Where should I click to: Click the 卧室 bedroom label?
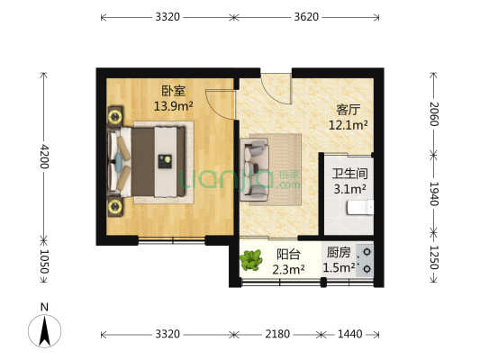pyautogui.click(x=173, y=91)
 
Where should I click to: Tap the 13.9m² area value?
pyautogui.click(x=173, y=105)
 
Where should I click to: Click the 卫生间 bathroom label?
pyautogui.click(x=349, y=173)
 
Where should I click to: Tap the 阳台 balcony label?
pyautogui.click(x=289, y=253)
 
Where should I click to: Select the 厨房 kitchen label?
pyautogui.click(x=338, y=253)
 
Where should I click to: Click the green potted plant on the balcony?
pyautogui.click(x=251, y=262)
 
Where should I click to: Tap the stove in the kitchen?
pyautogui.click(x=367, y=259)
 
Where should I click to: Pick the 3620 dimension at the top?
pyautogui.click(x=307, y=16)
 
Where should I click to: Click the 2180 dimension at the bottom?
pyautogui.click(x=277, y=334)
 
